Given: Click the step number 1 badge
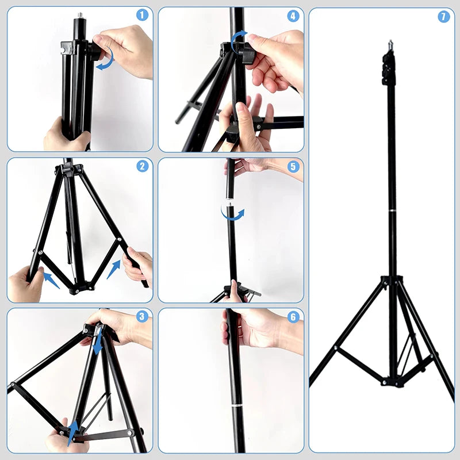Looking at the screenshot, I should (x=142, y=16).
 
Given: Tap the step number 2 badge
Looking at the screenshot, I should (x=142, y=167).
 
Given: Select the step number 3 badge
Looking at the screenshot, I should (x=142, y=316).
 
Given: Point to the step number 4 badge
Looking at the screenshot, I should (x=293, y=16).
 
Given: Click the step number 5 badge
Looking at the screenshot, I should (x=293, y=167).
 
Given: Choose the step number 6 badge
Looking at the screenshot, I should (x=293, y=316).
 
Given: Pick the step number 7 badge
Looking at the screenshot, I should (x=443, y=17).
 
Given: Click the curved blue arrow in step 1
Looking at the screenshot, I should (x=105, y=60).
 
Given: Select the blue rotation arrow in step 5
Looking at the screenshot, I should (x=232, y=213).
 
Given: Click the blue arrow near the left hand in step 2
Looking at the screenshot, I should (x=52, y=280).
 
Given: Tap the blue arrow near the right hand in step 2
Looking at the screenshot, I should (x=114, y=267).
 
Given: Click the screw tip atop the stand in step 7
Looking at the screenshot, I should (x=390, y=43).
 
